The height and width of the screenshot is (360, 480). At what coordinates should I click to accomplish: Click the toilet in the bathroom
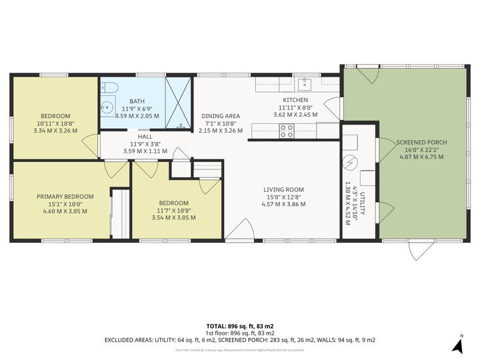(x=110, y=87)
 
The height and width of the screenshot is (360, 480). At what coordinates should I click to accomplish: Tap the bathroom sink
(x=106, y=107)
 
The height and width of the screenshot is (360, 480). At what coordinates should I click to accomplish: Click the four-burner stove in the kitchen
(x=287, y=131)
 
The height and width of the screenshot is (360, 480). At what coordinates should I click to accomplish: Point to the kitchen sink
(x=305, y=83)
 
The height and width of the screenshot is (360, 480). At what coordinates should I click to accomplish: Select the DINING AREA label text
(x=218, y=116)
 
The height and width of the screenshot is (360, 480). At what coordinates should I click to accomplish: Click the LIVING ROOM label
(x=283, y=189)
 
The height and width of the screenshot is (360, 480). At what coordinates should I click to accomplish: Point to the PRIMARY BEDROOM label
(x=65, y=197)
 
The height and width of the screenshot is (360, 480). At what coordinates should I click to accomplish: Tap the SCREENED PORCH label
(x=421, y=143)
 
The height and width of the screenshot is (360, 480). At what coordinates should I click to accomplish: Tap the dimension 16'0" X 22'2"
(x=421, y=150)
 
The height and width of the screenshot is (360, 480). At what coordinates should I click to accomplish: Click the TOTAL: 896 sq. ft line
(x=239, y=326)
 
